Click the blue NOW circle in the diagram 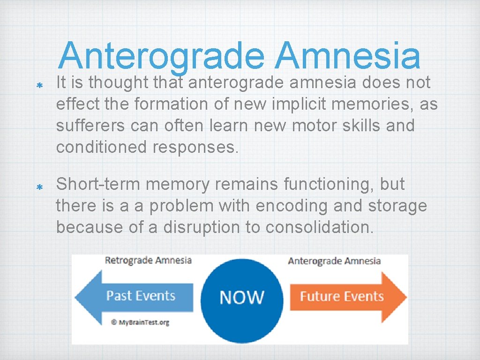coord(242,297)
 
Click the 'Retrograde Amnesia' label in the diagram coord(148,260)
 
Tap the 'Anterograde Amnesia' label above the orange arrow coord(334,261)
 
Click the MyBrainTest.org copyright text coord(140,322)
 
